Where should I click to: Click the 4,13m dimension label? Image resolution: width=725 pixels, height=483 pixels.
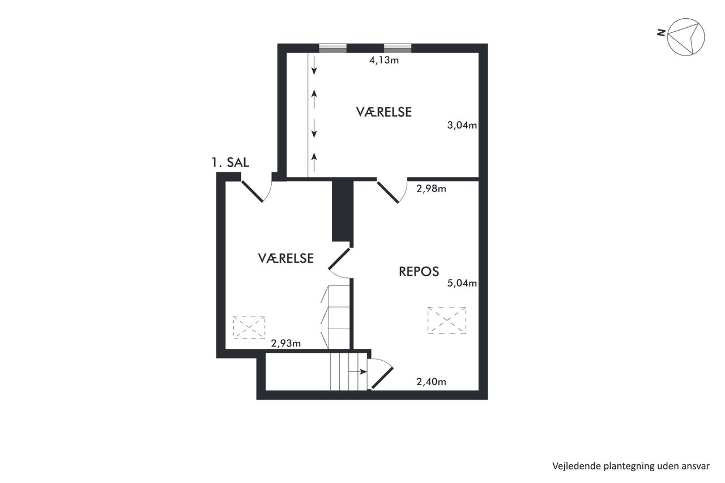pos(384,60)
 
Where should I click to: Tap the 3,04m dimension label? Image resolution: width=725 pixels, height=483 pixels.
pos(462,125)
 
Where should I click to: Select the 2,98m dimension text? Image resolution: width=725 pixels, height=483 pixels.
pos(431,189)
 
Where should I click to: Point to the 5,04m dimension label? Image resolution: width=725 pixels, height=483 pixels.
pos(462,283)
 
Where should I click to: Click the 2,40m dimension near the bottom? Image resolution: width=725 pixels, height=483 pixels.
pos(431,382)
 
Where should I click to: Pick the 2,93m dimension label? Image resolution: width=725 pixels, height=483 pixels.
pos(286,343)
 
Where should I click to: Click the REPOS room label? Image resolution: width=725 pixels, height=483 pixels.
pos(419,272)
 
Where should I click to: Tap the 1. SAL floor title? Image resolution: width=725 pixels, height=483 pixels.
pos(230,163)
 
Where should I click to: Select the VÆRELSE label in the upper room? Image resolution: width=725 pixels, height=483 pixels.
pos(384,112)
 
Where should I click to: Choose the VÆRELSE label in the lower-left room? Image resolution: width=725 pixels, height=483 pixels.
pos(286,258)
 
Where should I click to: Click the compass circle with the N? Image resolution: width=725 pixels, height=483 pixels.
pos(686,37)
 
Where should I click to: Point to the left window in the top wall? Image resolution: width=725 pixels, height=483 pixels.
pos(332,48)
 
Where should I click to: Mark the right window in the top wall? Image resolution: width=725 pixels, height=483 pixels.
pos(398,48)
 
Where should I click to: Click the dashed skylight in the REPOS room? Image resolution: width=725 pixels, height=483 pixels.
pos(447,320)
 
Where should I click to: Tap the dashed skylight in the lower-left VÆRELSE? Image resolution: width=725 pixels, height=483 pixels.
pos(249,327)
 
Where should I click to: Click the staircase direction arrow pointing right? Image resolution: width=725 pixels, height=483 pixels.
pos(357,371)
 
